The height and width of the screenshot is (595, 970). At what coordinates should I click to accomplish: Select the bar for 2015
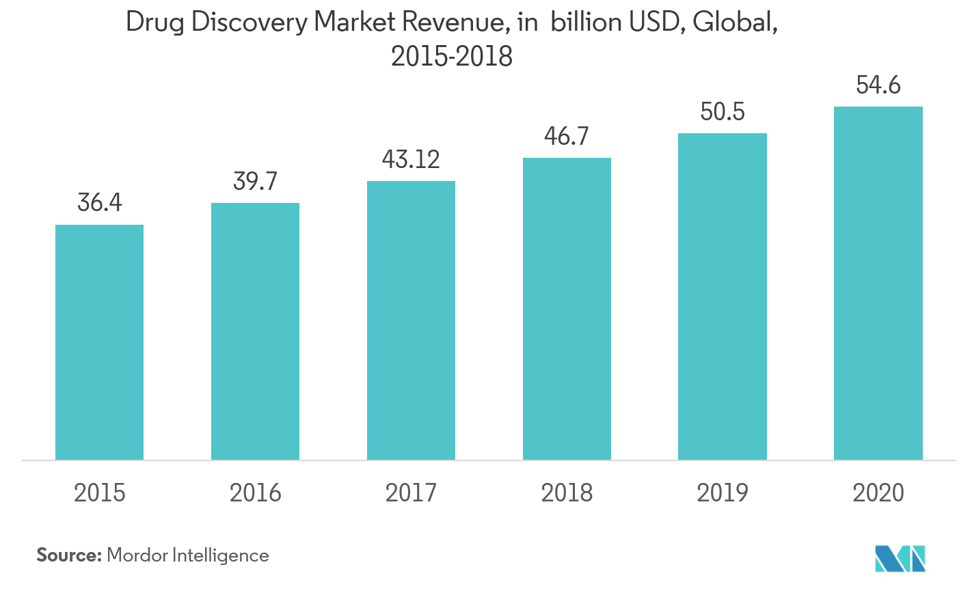pyautogui.click(x=99, y=342)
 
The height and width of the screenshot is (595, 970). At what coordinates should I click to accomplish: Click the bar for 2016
pyautogui.click(x=255, y=331)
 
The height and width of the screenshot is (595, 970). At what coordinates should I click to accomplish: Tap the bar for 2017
pyautogui.click(x=411, y=320)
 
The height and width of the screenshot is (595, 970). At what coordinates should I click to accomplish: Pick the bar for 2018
pyautogui.click(x=567, y=309)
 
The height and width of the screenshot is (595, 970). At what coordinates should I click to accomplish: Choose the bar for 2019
pyautogui.click(x=723, y=296)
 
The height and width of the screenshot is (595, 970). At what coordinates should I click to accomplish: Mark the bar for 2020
pyautogui.click(x=878, y=283)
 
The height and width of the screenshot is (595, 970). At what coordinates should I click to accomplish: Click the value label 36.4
pyautogui.click(x=100, y=203)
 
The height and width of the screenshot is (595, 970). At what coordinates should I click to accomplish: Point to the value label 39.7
pyautogui.click(x=255, y=181)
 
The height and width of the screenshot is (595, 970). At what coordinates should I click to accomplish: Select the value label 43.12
pyautogui.click(x=411, y=159)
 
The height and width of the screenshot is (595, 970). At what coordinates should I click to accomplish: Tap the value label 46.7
pyautogui.click(x=567, y=136)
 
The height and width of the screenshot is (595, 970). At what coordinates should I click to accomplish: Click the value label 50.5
pyautogui.click(x=723, y=111)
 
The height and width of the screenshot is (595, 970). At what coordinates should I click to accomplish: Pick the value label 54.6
pyautogui.click(x=878, y=85)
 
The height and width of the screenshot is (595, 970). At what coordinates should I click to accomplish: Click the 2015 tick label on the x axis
pyautogui.click(x=100, y=493)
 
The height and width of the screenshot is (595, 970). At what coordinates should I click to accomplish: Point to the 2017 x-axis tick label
pyautogui.click(x=411, y=493)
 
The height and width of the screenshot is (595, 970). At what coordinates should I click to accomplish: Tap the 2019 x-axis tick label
pyautogui.click(x=723, y=493)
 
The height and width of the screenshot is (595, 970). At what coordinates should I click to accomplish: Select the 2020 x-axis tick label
pyautogui.click(x=878, y=493)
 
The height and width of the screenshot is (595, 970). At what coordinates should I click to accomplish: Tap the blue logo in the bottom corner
pyautogui.click(x=900, y=558)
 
